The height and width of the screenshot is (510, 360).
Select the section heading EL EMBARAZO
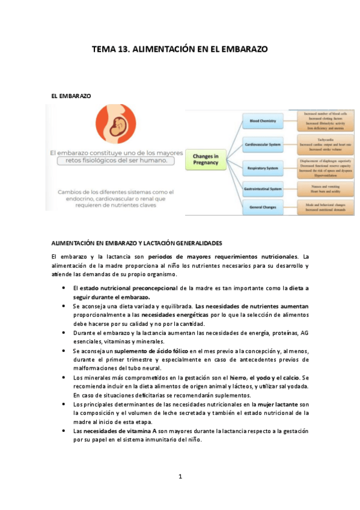point(71,96)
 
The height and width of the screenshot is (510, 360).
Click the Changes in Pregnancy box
point(206,159)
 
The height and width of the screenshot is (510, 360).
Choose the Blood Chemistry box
point(262,121)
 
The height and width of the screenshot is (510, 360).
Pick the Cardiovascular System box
point(263,145)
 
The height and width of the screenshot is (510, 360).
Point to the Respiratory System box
point(263,167)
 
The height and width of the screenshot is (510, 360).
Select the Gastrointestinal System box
point(263,189)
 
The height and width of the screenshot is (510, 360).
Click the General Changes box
point(263,207)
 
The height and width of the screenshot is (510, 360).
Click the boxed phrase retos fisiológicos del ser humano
point(115,161)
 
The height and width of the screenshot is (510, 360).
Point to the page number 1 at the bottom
point(180,477)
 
